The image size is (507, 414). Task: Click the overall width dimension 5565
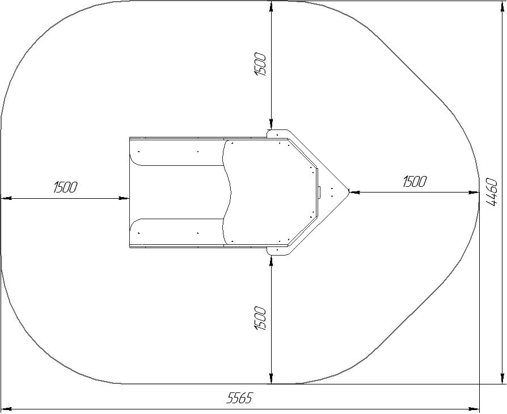[239, 398]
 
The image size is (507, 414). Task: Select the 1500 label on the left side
[66, 187]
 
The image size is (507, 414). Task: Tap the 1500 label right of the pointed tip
[415, 182]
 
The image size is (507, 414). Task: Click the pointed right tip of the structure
[349, 191]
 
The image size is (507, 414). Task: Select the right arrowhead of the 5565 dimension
[474, 409]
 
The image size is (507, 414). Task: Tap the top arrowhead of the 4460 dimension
[502, 6]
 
